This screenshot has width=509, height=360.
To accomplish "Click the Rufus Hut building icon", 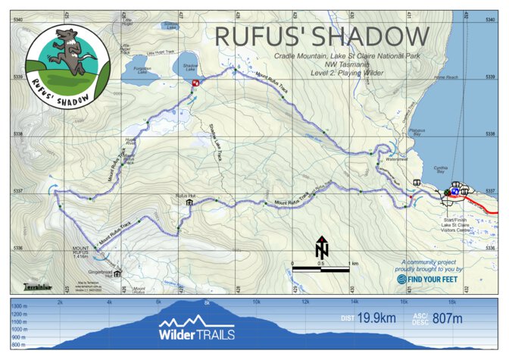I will pos(189,203).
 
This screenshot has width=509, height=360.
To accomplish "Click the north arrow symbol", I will pos(321,248).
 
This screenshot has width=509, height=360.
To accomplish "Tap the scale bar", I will pos(320,268).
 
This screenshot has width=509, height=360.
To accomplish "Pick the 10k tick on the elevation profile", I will pos(256,302).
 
